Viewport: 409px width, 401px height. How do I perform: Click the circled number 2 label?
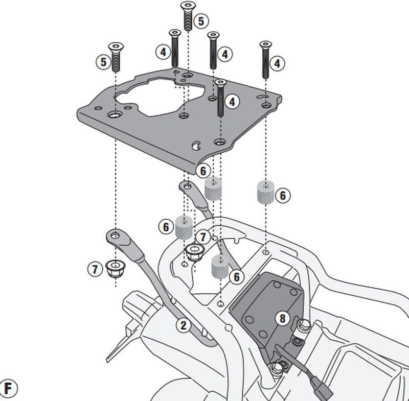(184, 324)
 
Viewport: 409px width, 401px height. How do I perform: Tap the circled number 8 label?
(282, 318)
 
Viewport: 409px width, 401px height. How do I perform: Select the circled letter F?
(9, 387)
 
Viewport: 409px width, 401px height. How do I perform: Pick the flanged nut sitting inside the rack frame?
(194, 251)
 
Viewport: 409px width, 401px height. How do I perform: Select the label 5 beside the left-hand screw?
(103, 62)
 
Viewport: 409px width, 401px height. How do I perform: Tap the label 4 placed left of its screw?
(162, 52)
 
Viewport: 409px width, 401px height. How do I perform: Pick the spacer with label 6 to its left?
(183, 227)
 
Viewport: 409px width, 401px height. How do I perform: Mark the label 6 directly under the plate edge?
(203, 171)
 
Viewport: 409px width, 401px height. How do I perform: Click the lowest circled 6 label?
(236, 277)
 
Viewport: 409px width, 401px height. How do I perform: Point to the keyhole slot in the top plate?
(195, 145)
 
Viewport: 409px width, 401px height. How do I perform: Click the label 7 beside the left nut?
(95, 269)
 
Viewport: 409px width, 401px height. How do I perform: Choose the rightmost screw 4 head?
(265, 45)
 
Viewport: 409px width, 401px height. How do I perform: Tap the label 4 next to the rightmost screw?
(277, 64)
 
